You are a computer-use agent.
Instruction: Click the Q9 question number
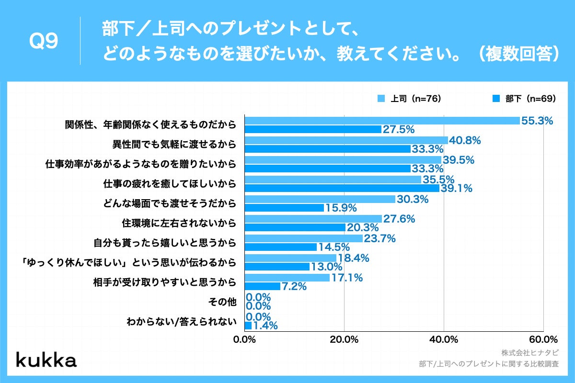[44, 42]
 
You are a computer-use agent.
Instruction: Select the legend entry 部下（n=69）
[524, 99]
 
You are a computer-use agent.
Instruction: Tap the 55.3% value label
[537, 121]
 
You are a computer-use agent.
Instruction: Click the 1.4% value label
[265, 326]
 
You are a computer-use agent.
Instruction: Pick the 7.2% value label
[294, 287]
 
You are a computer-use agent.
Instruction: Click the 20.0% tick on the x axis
[344, 340]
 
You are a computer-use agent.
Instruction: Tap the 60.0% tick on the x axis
[543, 340]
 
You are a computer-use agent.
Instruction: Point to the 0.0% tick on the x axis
[245, 340]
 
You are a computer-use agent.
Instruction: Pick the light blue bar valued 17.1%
[287, 278]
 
